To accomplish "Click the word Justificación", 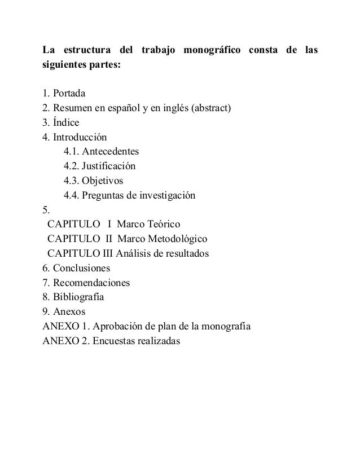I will tap(109, 166).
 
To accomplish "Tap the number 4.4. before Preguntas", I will tap(71, 196).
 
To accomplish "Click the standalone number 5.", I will tap(46, 210).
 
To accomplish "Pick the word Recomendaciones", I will tap(91, 283).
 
